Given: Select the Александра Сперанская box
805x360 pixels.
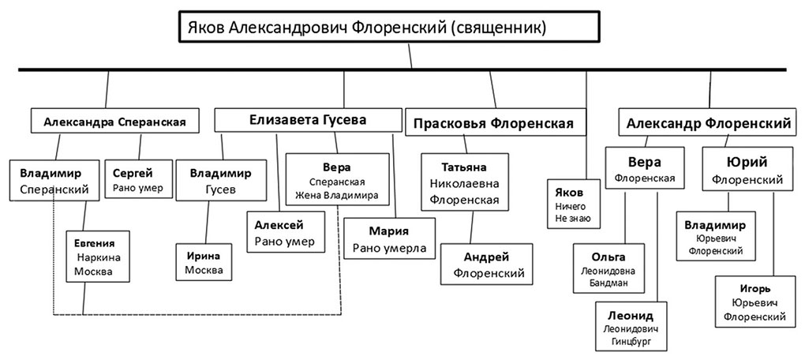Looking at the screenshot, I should (x=115, y=122).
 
